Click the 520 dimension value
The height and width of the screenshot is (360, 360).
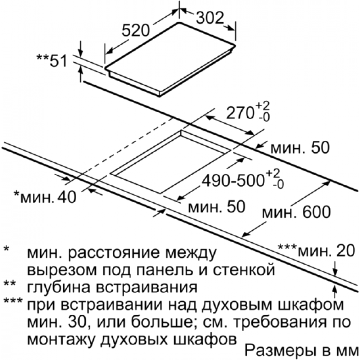tap(135, 30)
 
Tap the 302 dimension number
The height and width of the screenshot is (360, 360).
tap(210, 18)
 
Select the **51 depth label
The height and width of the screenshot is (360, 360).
tap(52, 61)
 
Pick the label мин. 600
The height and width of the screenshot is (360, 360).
tap(296, 212)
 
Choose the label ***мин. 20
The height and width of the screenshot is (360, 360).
tap(316, 251)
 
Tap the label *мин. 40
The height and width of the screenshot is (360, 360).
tap(45, 197)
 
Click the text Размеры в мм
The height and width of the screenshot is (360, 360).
tap(301, 351)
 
